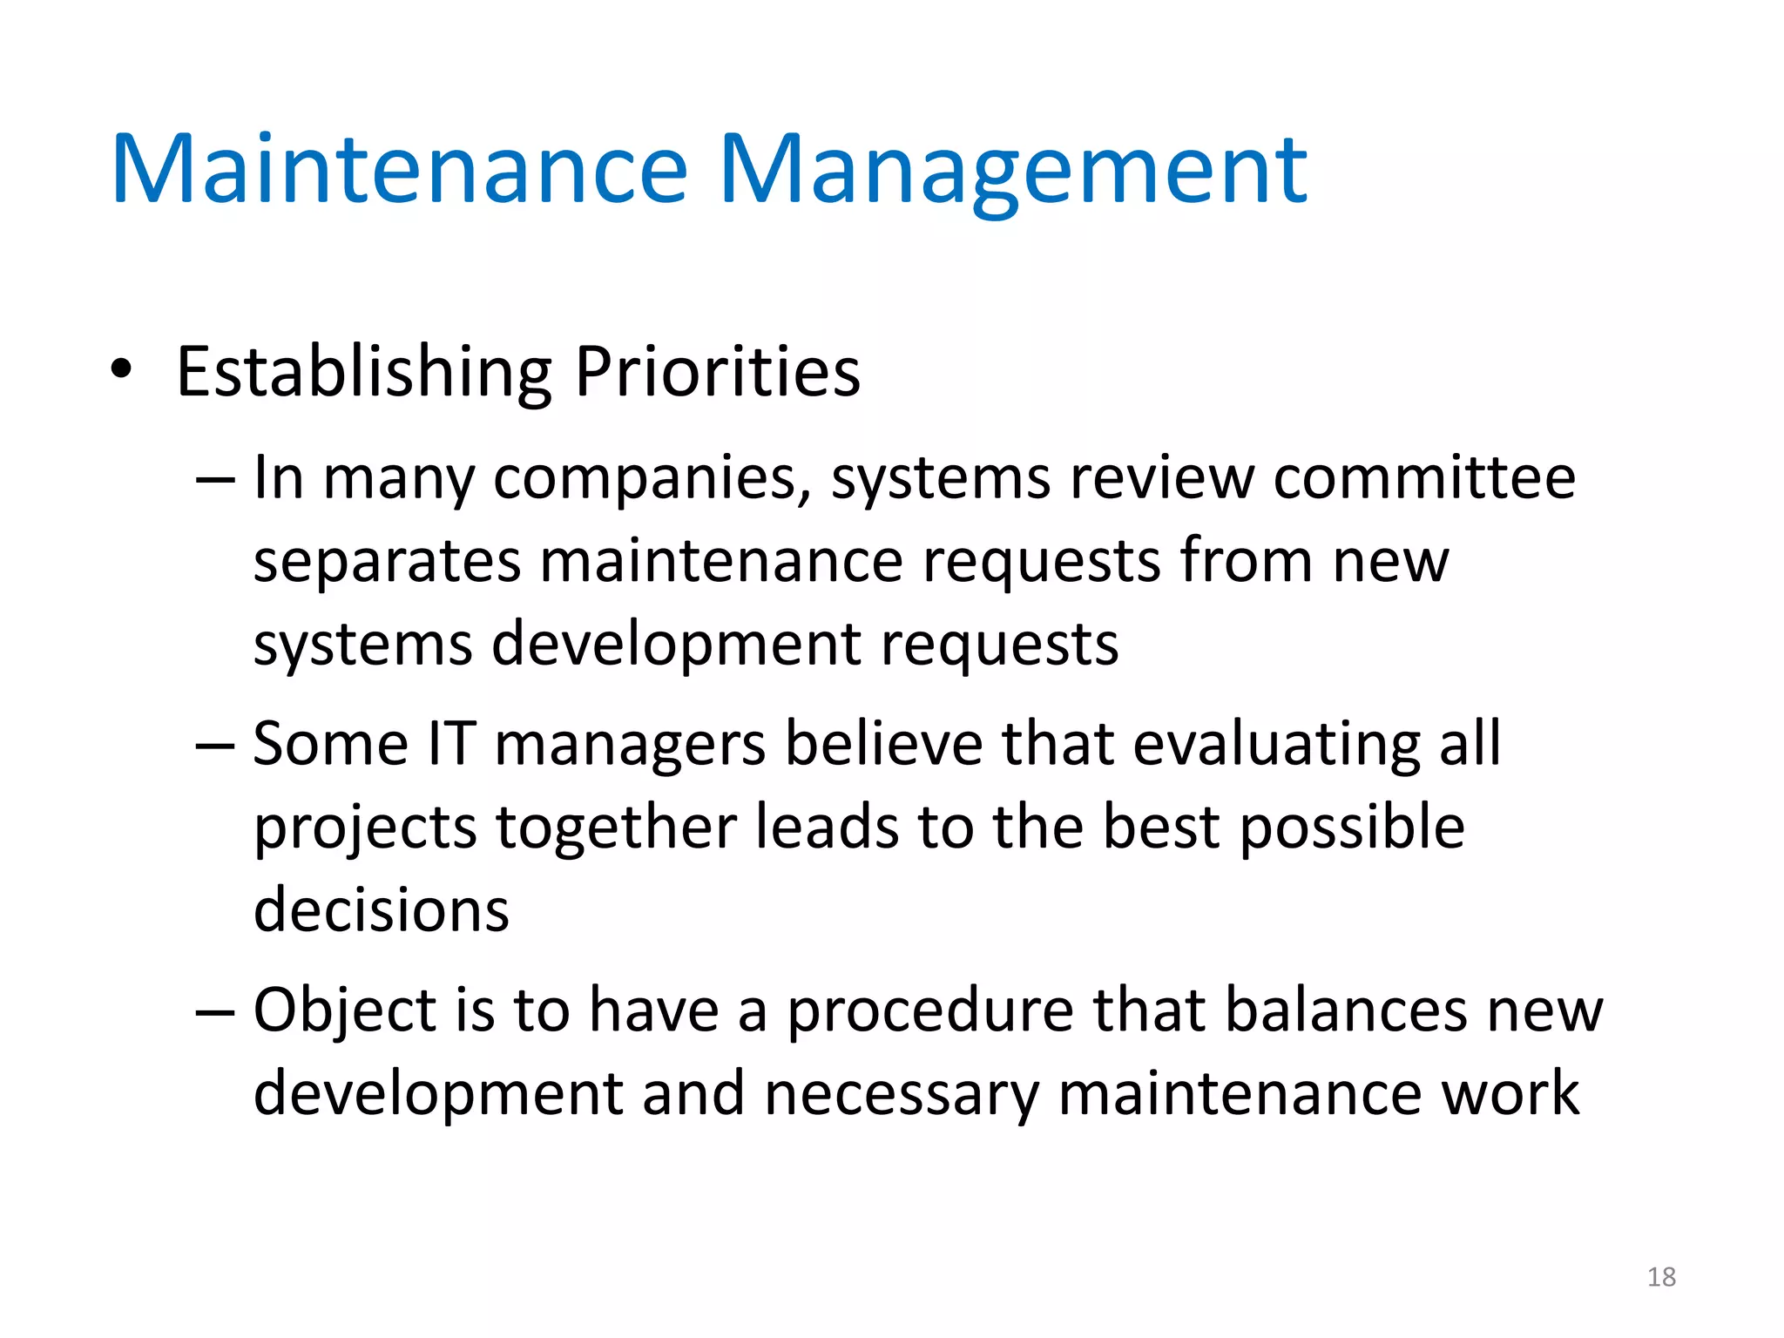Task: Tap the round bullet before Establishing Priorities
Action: point(122,369)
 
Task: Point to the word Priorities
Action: point(717,373)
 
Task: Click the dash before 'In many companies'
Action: point(215,480)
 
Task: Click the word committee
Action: point(1423,478)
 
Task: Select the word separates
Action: point(387,563)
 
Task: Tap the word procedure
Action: point(929,1012)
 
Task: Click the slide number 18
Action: point(1661,1277)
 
